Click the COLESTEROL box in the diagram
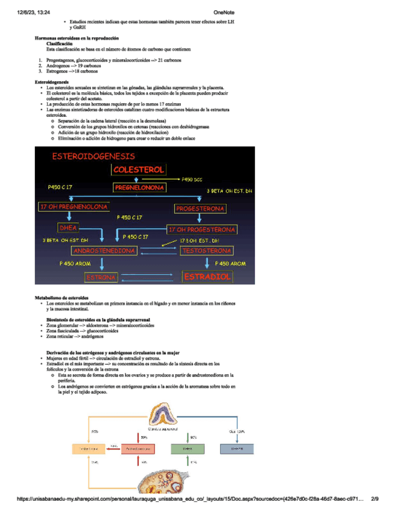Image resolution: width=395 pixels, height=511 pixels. coord(139,170)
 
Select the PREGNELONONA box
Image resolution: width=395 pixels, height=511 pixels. coord(139,188)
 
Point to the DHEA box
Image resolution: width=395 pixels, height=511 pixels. coord(67,228)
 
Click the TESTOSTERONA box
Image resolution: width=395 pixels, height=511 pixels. coord(206,250)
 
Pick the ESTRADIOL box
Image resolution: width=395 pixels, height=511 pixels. coord(207,277)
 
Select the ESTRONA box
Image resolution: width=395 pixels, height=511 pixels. coord(101,277)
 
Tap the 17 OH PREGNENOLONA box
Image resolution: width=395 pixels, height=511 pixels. coord(74,207)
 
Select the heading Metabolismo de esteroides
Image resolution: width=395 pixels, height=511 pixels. coord(62,298)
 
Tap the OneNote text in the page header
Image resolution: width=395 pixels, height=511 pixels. coord(224,12)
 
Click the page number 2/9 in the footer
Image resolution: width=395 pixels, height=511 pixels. coord(374,498)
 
